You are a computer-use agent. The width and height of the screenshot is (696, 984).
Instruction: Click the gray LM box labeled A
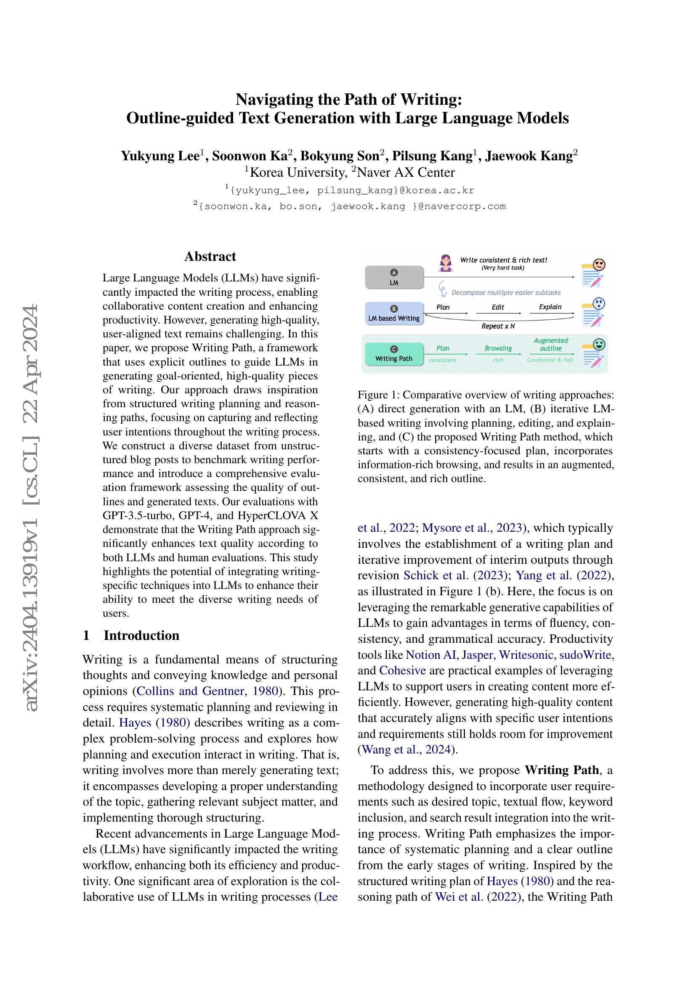click(394, 277)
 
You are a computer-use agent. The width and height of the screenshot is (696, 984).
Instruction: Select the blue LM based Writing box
click(394, 314)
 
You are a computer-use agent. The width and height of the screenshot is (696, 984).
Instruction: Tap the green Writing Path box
click(394, 354)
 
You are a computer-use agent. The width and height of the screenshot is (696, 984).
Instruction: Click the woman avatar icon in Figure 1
click(446, 263)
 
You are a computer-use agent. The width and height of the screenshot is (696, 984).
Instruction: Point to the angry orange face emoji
click(599, 265)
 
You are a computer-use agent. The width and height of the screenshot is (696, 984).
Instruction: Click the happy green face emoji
click(599, 344)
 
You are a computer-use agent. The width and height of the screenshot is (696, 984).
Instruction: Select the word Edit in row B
click(497, 307)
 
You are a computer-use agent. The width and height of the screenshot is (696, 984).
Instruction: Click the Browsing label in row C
click(498, 348)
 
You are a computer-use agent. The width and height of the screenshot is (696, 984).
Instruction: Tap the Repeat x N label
click(497, 326)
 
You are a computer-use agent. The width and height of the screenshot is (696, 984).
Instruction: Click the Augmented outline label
click(551, 344)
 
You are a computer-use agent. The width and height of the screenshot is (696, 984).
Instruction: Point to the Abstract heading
click(210, 256)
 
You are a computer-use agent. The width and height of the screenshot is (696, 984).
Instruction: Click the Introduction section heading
click(141, 635)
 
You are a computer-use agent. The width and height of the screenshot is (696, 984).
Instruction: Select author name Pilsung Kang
click(433, 156)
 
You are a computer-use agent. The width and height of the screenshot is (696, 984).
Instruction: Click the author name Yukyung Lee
click(160, 156)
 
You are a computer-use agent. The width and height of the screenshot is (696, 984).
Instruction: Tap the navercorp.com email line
click(350, 206)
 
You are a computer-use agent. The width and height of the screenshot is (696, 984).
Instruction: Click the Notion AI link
click(430, 655)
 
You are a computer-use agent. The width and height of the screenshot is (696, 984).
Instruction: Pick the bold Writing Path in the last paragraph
click(561, 770)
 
